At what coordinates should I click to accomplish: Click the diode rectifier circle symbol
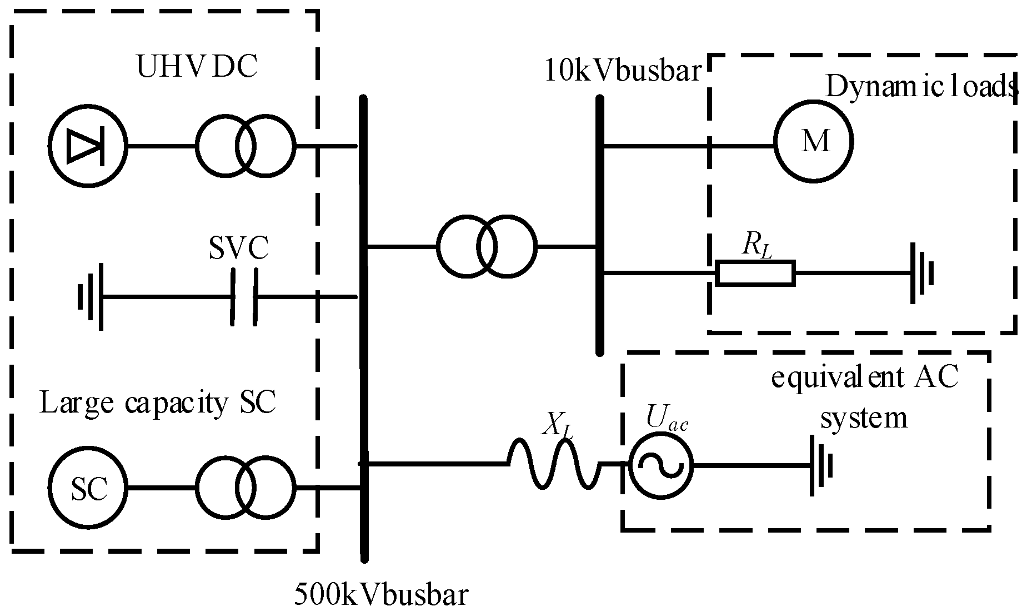(x=87, y=146)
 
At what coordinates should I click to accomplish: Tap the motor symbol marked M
(x=814, y=141)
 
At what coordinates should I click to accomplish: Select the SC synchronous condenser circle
(x=87, y=489)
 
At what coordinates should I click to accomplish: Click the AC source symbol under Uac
(x=661, y=464)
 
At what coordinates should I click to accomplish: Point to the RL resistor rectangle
(x=755, y=274)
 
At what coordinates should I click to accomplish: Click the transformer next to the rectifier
(x=245, y=146)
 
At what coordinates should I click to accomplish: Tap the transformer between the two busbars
(x=487, y=246)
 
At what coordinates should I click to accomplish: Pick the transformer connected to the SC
(x=245, y=489)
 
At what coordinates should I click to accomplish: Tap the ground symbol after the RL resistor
(x=922, y=274)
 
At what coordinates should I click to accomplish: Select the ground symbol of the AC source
(x=821, y=465)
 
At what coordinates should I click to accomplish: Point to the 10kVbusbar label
(x=623, y=71)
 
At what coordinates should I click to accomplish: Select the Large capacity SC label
(x=158, y=403)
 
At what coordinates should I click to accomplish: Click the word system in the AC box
(x=864, y=418)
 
